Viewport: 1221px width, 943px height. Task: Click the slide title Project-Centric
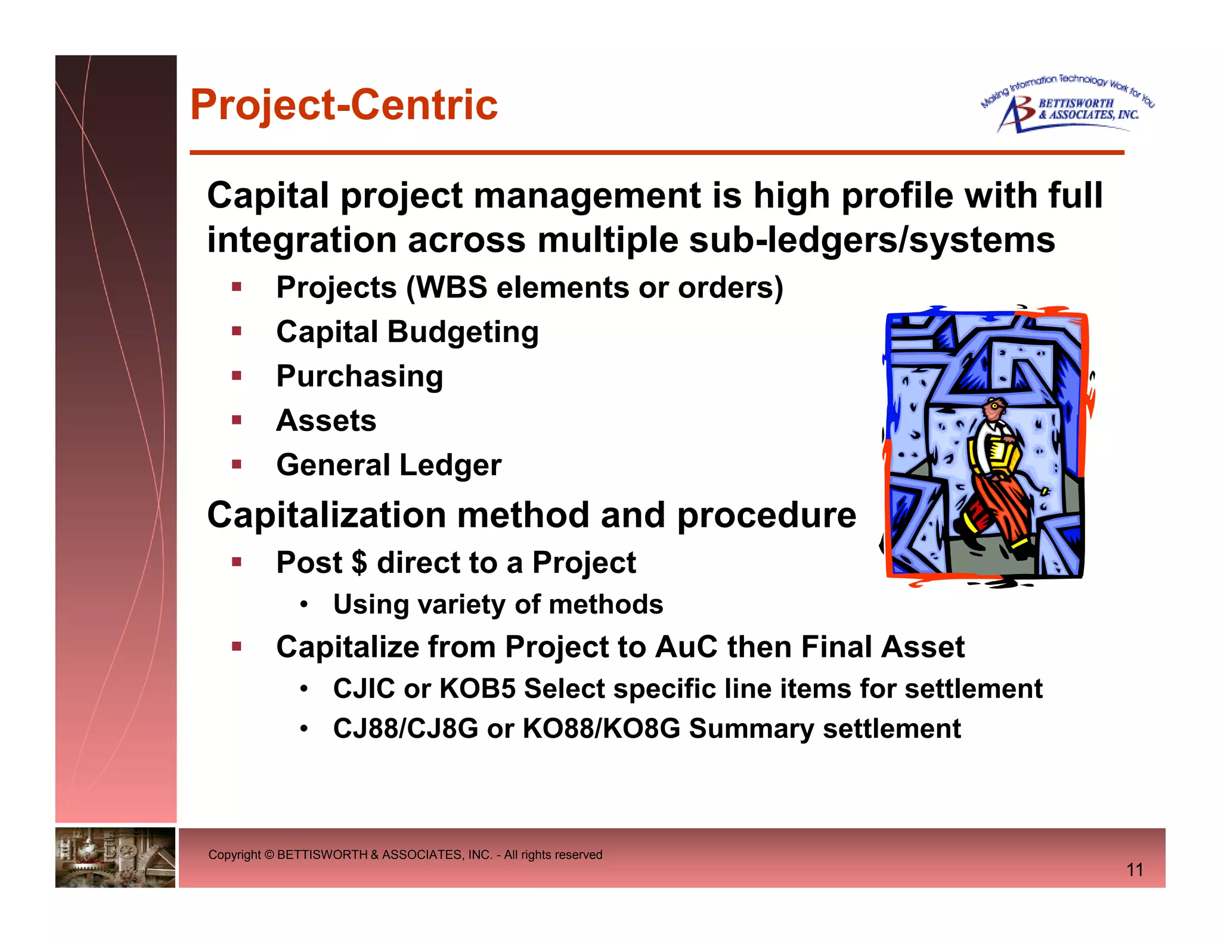point(343,105)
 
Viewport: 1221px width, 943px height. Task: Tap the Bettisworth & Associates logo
point(1067,105)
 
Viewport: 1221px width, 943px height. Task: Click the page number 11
point(1135,870)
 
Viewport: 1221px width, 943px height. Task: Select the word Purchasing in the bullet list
point(360,377)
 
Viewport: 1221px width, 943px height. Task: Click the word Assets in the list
point(326,421)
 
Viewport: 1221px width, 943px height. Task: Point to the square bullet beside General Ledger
point(237,464)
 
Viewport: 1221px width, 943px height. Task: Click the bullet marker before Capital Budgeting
point(237,331)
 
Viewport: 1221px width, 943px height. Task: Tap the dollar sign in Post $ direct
point(360,563)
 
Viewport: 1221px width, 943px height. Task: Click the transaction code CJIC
point(364,689)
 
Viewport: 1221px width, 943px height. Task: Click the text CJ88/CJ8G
point(405,729)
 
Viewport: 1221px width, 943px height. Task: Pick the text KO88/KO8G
point(601,729)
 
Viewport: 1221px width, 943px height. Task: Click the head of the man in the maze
point(994,410)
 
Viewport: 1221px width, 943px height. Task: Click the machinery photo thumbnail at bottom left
point(115,857)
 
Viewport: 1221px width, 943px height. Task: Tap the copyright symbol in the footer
point(269,855)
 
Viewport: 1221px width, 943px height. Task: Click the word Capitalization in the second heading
point(326,515)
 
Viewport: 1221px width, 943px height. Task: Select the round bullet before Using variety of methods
point(304,605)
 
